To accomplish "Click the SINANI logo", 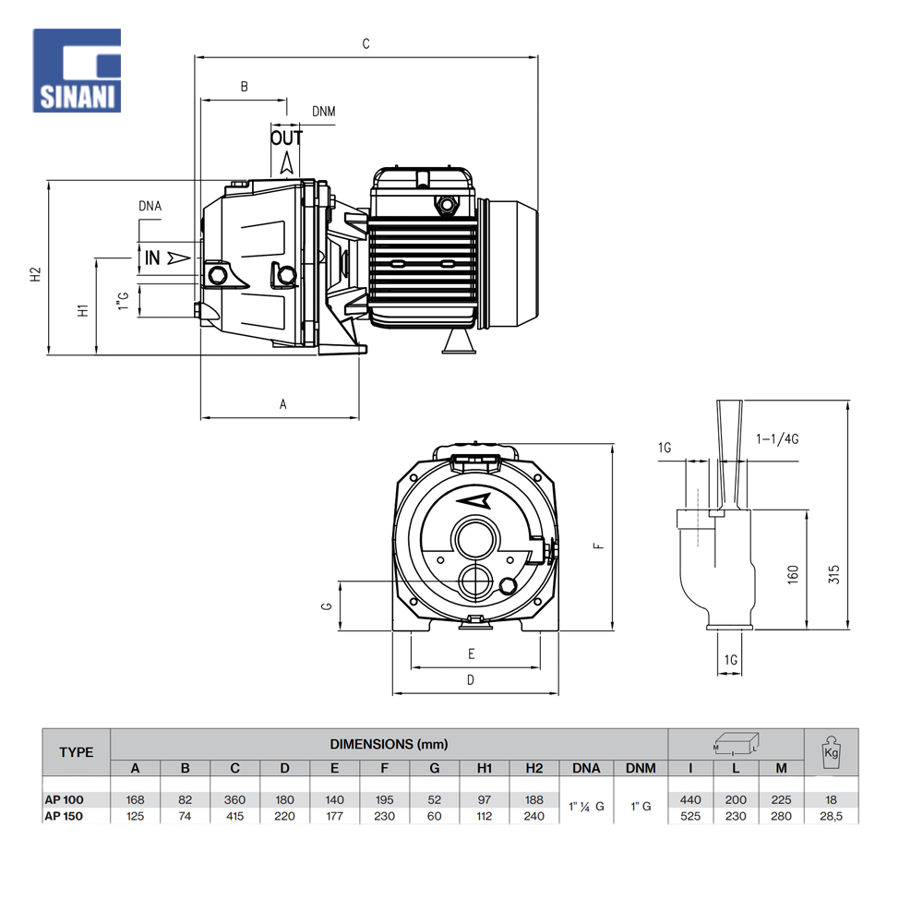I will pyautogui.click(x=77, y=70).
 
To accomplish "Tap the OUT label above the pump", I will pyautogui.click(x=286, y=138).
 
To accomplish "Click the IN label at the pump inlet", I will pyautogui.click(x=152, y=258).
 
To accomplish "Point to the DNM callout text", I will pyautogui.click(x=323, y=112).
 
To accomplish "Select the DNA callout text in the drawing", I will pyautogui.click(x=150, y=206).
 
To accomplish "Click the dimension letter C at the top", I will pyautogui.click(x=366, y=43).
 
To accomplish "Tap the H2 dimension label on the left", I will pyautogui.click(x=35, y=274).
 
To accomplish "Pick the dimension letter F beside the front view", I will pyautogui.click(x=598, y=545).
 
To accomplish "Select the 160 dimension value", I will pyautogui.click(x=793, y=575).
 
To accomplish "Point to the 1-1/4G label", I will pyautogui.click(x=776, y=439).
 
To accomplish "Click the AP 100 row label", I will pyautogui.click(x=64, y=800).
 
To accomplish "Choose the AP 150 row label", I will pyautogui.click(x=64, y=816).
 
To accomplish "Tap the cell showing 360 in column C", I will pyautogui.click(x=235, y=800).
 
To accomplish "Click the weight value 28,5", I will pyautogui.click(x=832, y=816).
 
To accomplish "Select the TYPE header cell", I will pyautogui.click(x=77, y=752).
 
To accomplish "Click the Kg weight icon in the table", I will pyautogui.click(x=831, y=751).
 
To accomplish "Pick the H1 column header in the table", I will pyautogui.click(x=485, y=768).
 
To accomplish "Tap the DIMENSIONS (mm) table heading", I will pyautogui.click(x=389, y=743).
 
